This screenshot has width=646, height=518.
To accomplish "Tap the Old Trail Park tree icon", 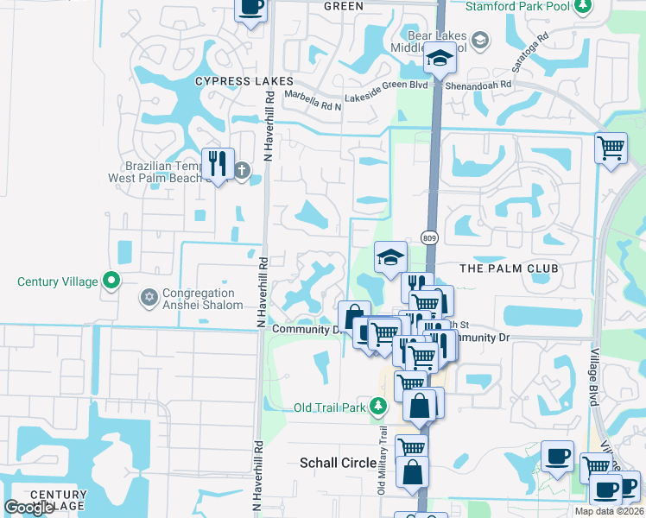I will click(x=377, y=407).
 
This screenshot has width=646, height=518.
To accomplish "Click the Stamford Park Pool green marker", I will click(x=584, y=7).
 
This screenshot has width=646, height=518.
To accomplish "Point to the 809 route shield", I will click(x=428, y=237).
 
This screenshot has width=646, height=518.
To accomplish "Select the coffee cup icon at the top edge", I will click(x=250, y=7).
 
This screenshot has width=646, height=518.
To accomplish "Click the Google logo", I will click(x=29, y=508).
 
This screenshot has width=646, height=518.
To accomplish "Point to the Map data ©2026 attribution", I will click(x=609, y=511).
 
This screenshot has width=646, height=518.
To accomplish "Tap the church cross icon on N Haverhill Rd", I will click(x=241, y=171).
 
